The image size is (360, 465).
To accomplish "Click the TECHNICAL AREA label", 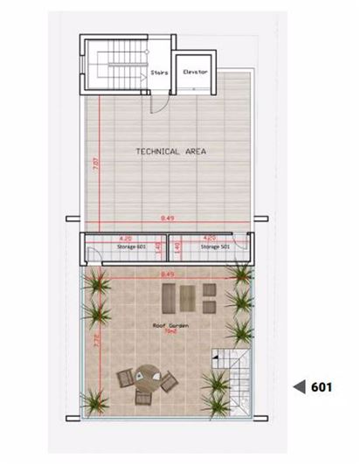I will coord(170,151).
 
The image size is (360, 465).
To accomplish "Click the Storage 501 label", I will coord(213,247).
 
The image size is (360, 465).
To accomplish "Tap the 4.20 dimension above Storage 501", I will coord(210,238).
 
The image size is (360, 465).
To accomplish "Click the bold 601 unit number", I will coord(321,385).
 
